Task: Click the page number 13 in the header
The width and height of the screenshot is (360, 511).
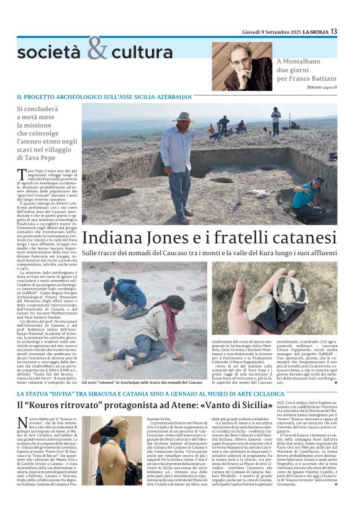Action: tap(334, 31)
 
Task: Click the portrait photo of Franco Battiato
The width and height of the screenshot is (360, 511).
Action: tap(242, 67)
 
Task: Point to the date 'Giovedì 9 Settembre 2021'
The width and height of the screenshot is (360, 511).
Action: tap(269, 32)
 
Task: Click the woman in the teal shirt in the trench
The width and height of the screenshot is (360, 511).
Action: tap(314, 194)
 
